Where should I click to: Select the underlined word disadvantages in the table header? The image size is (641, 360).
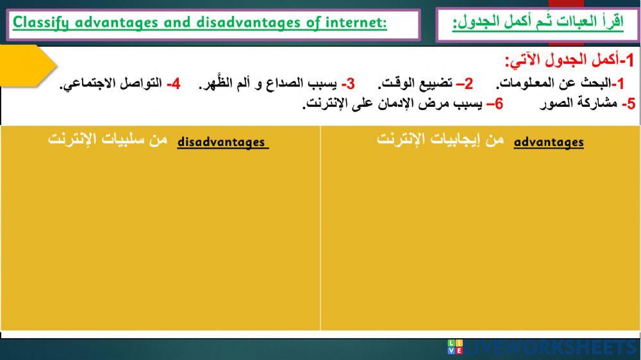[222, 142]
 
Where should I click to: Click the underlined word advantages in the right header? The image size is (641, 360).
[549, 142]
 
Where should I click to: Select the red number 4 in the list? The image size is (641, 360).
[174, 84]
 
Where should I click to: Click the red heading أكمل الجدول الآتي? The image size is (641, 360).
[561, 61]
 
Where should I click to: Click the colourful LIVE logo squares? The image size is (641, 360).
[454, 348]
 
